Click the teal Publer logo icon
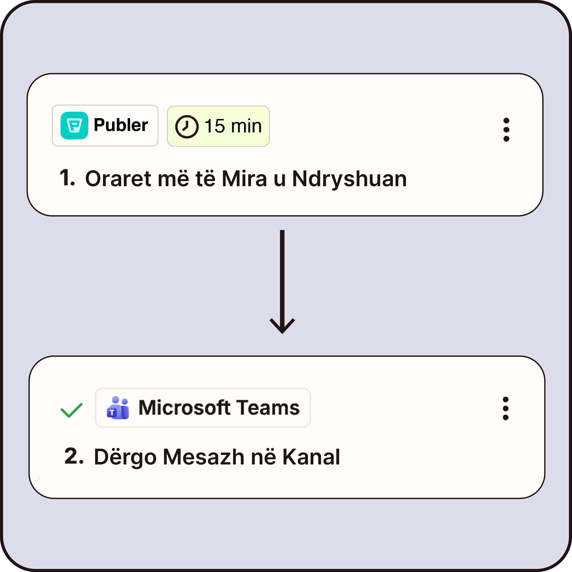[x=74, y=126]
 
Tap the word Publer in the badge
[x=121, y=125]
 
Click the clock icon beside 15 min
[x=186, y=127]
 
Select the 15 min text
[x=233, y=126]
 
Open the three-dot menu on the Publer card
[x=506, y=130]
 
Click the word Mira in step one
[x=244, y=179]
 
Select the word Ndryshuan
[x=349, y=179]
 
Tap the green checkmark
[x=71, y=410]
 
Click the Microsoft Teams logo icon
[x=118, y=408]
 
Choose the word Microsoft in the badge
[x=184, y=408]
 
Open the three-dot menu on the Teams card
[x=506, y=408]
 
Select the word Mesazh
[x=203, y=457]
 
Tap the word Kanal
[x=311, y=457]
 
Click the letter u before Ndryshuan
[x=279, y=179]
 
